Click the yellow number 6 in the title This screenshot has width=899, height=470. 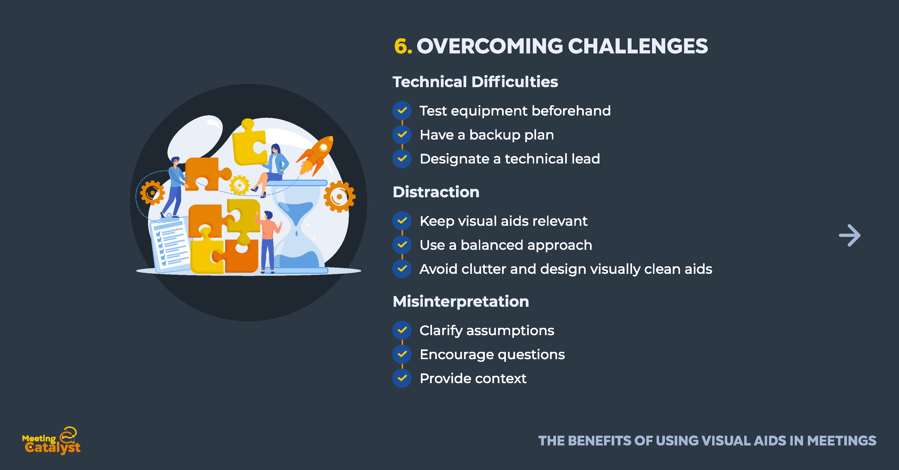401,46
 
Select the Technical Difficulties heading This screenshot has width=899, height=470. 475,82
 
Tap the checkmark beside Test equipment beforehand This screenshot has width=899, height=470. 402,110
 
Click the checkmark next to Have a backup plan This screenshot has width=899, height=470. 402,134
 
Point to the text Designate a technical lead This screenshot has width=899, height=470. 510,159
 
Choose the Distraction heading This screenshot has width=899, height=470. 436,192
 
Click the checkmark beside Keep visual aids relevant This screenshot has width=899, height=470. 402,221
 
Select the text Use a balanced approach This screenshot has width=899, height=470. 506,245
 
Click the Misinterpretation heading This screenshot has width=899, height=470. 461,301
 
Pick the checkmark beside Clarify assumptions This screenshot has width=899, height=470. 402,330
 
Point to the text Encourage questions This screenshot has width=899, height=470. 492,355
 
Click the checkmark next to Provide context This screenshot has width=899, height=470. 402,378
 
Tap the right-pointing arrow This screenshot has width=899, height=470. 849,235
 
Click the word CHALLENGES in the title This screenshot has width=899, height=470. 638,46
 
